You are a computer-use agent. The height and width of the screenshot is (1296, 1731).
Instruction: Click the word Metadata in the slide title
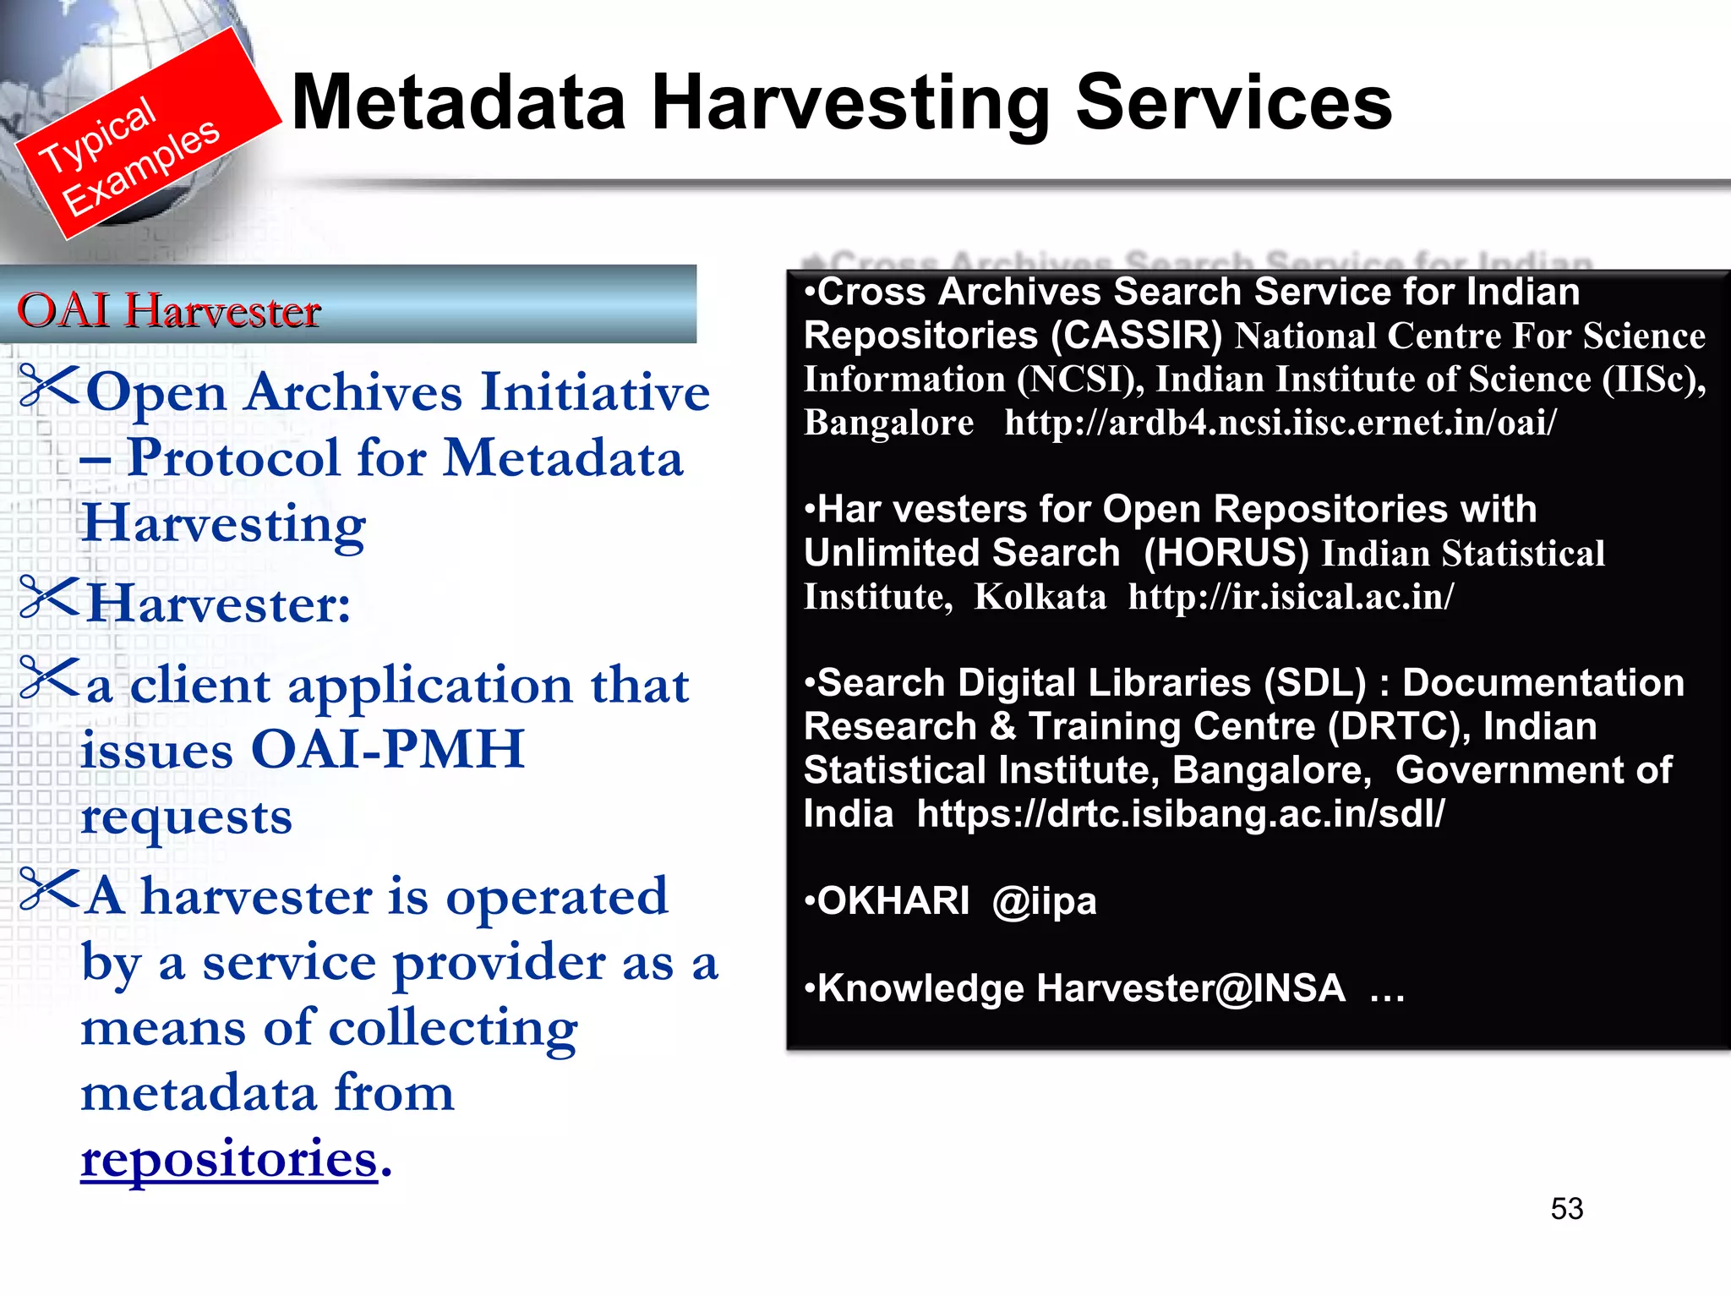point(457,102)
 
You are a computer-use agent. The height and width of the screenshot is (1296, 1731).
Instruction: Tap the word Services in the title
point(1233,102)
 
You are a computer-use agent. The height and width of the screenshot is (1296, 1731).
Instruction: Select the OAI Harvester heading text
point(169,310)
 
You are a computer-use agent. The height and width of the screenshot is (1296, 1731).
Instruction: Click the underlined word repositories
point(228,1158)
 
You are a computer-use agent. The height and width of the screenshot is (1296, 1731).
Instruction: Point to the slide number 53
point(1566,1209)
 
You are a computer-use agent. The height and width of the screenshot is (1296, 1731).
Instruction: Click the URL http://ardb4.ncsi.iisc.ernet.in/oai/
point(1280,423)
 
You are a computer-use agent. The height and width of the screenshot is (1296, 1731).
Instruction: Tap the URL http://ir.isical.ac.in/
point(1291,597)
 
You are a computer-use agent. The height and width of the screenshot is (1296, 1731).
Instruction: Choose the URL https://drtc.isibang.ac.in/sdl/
point(1181,813)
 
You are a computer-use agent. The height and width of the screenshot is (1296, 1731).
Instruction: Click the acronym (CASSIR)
point(1136,336)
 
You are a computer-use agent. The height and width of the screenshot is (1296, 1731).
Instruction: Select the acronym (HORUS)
point(1226,553)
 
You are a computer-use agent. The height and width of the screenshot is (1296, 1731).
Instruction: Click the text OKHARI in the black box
point(893,901)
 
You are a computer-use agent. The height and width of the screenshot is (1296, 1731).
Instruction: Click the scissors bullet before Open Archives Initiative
point(49,385)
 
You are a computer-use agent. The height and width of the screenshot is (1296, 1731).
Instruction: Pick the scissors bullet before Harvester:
point(49,597)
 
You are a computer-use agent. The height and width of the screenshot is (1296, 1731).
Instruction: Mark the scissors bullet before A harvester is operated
point(49,889)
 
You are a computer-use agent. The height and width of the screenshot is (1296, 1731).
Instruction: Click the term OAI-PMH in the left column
point(388,749)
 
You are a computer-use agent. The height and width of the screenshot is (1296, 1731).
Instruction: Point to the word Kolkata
point(1040,597)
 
